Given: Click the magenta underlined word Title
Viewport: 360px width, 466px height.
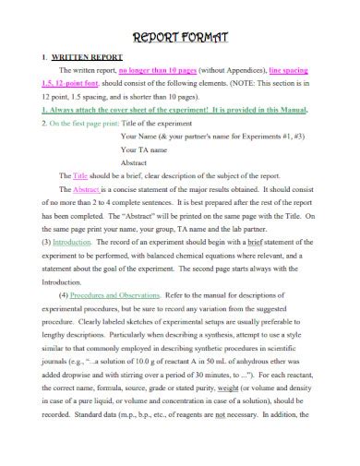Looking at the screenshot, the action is [79, 173].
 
